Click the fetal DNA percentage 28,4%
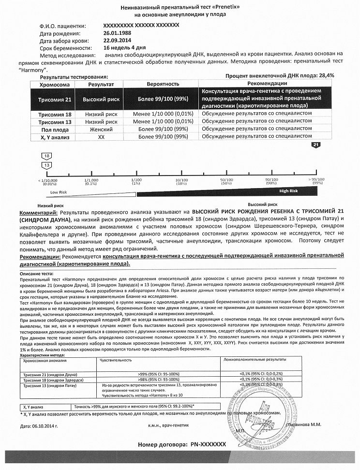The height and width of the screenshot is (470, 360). click(325, 76)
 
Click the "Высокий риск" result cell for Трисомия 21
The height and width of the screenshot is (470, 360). click(101, 99)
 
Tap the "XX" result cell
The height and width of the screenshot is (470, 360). click(101, 137)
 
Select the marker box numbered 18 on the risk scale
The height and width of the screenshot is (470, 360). click(47, 156)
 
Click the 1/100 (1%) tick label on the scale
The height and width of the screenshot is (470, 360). click(136, 181)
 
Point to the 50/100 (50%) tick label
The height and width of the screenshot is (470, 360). click(226, 181)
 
